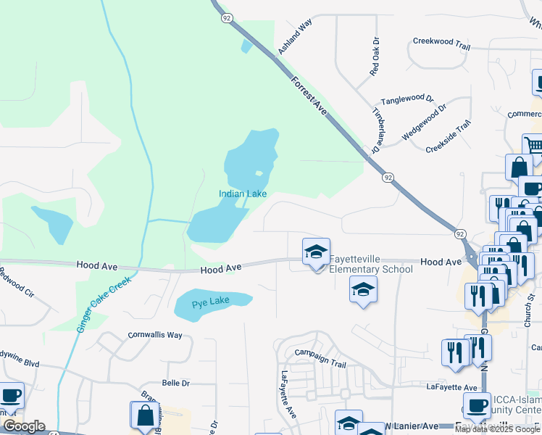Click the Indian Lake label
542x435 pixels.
pyautogui.click(x=243, y=194)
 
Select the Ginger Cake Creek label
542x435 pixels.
pyautogui.click(x=103, y=304)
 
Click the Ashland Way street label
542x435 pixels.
pyautogui.click(x=295, y=37)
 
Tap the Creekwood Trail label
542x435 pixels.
pyautogui.click(x=441, y=42)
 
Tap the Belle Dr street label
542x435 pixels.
pyautogui.click(x=175, y=383)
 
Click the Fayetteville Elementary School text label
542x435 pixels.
pyautogui.click(x=371, y=264)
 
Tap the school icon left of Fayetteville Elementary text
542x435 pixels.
pyautogui.click(x=316, y=253)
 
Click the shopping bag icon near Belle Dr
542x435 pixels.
pyautogui.click(x=145, y=415)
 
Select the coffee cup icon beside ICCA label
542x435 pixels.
pyautogui.click(x=477, y=406)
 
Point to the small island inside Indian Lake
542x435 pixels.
pyautogui.click(x=258, y=173)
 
